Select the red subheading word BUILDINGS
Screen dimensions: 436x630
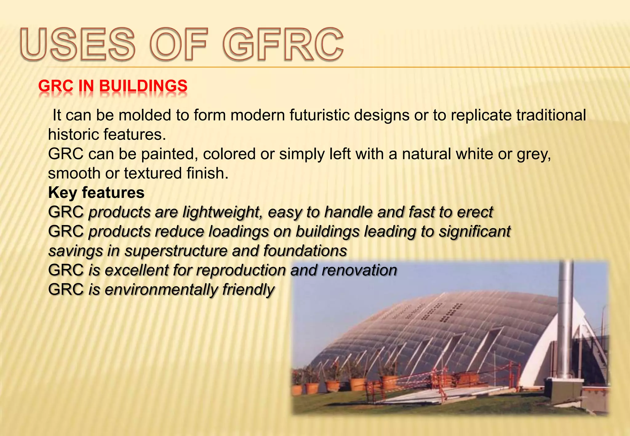143,86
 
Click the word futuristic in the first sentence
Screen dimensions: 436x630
319,115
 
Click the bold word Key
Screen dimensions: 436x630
62,193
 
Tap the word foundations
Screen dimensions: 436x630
305,251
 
